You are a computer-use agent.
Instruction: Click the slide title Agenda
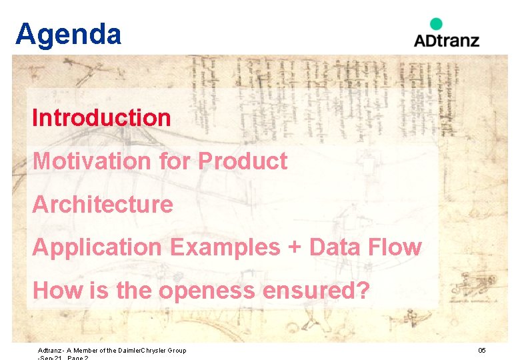click(68, 33)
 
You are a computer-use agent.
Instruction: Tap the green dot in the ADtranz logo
click(436, 24)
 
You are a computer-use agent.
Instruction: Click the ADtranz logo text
click(446, 40)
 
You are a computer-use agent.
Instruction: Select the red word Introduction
click(101, 118)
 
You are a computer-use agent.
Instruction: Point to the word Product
click(243, 161)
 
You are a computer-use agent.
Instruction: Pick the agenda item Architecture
click(103, 204)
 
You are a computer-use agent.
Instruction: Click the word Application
click(97, 247)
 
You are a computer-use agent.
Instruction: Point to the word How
click(53, 291)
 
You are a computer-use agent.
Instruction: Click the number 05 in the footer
click(482, 351)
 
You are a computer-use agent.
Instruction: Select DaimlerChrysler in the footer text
click(139, 351)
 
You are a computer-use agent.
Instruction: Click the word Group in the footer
click(176, 351)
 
